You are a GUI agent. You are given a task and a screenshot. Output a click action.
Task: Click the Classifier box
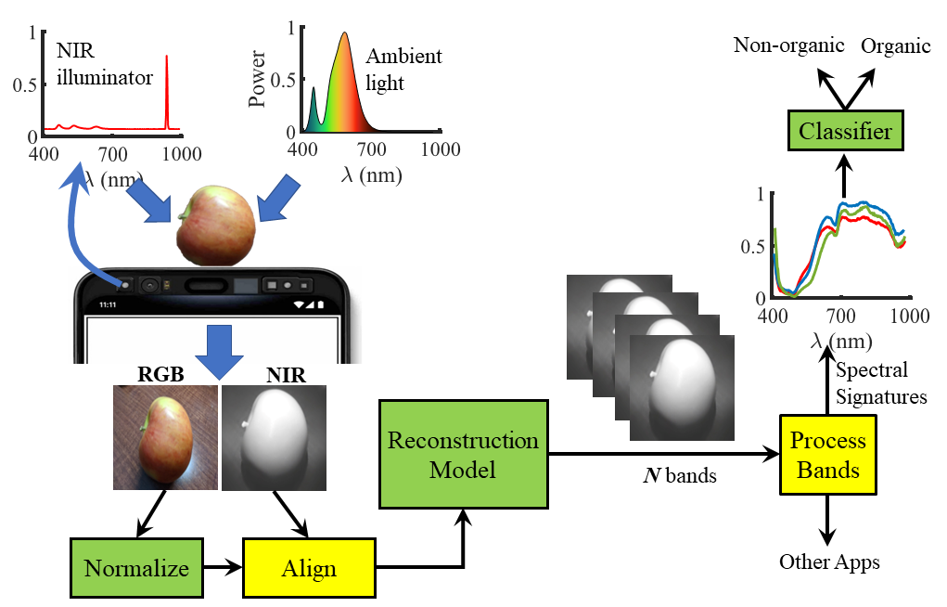pos(845,132)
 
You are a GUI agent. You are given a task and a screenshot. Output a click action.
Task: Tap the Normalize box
pos(136,567)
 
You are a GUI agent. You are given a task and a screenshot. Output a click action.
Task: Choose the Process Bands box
pos(828,455)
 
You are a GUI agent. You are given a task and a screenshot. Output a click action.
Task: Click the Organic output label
pos(896,45)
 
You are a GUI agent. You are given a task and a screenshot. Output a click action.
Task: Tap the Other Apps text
pos(828,562)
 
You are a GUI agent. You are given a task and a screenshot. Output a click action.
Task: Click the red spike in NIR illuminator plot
pos(167,93)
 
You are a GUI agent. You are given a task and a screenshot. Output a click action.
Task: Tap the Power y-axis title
pos(259,79)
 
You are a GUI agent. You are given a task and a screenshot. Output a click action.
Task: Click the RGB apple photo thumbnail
pos(165,437)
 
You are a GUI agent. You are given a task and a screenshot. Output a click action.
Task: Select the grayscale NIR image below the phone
pos(275,437)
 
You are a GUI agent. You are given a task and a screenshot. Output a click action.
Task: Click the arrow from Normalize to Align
pos(222,567)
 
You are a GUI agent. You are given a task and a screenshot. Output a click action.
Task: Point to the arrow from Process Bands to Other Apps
pos(828,523)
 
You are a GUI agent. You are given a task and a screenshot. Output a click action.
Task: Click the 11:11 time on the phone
pos(109,303)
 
